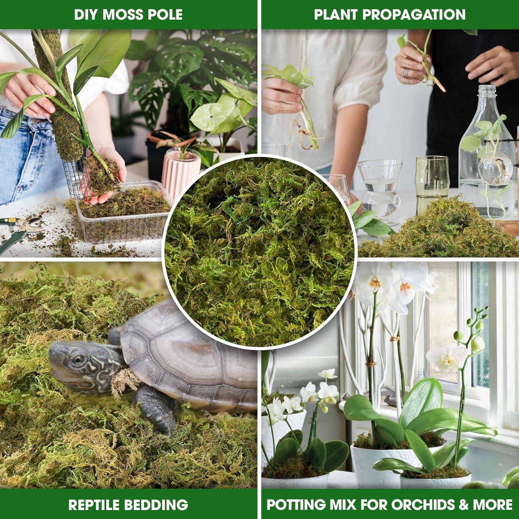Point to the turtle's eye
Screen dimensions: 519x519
coord(79,360)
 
